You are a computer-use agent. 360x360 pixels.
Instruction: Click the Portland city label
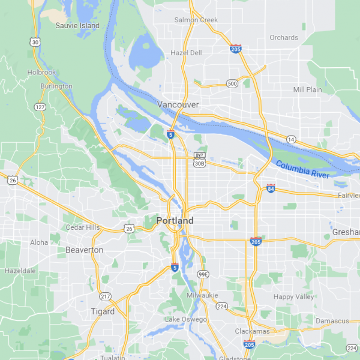(x=175, y=221)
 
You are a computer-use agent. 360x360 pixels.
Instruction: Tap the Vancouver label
(x=178, y=104)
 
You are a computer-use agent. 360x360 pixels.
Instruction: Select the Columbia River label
(x=302, y=169)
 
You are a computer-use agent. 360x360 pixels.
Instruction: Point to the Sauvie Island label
(x=77, y=26)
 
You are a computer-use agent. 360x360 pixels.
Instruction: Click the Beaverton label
(x=84, y=250)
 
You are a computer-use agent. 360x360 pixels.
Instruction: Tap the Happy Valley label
(x=293, y=296)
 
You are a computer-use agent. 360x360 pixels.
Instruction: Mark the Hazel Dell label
(x=187, y=53)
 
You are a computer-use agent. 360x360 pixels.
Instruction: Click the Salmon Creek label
(x=196, y=20)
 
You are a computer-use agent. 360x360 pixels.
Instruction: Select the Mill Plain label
(x=307, y=89)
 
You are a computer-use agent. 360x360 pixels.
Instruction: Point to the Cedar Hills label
(x=83, y=227)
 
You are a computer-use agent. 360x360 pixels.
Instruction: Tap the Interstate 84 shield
(x=271, y=188)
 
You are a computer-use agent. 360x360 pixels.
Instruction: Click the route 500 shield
(x=232, y=83)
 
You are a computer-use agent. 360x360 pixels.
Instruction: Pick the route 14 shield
(x=291, y=139)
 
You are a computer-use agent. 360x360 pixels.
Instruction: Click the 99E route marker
(x=203, y=274)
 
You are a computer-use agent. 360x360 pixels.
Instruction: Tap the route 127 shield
(x=40, y=107)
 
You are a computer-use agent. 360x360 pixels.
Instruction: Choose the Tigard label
(x=103, y=311)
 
